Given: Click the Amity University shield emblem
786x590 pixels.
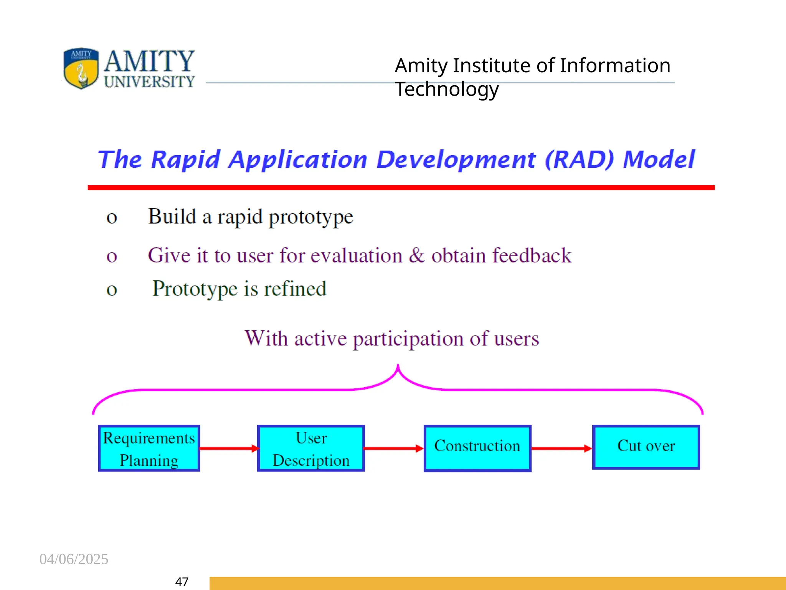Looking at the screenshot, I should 81,68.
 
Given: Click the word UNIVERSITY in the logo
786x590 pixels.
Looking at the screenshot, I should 149,81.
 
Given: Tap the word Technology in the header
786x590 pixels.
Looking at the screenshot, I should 447,89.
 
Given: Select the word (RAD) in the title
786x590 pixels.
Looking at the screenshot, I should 579,159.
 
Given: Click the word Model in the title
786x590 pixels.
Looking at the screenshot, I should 659,159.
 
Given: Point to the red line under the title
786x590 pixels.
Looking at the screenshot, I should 401,187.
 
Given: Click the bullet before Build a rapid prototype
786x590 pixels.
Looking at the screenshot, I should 112,218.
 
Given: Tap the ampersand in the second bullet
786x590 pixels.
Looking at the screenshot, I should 417,255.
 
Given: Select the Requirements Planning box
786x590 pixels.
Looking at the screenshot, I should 149,448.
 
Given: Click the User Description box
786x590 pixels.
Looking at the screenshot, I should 311,448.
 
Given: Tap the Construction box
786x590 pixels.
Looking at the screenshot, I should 477,448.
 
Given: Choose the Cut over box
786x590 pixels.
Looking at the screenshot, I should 646,447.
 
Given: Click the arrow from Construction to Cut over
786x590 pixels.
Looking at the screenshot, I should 561,448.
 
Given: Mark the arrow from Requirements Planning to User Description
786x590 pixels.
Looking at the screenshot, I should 229,448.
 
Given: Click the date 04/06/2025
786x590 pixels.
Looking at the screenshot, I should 74,559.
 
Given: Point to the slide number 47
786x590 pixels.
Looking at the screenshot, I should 182,582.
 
